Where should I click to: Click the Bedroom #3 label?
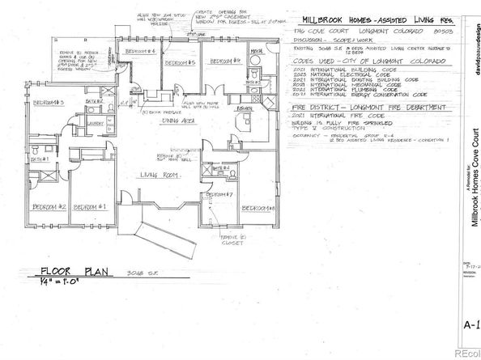click(48, 102)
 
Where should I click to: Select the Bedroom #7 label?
click(220, 195)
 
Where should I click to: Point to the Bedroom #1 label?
click(91, 207)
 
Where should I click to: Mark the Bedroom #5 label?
click(179, 62)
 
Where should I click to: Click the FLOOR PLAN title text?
click(74, 273)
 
